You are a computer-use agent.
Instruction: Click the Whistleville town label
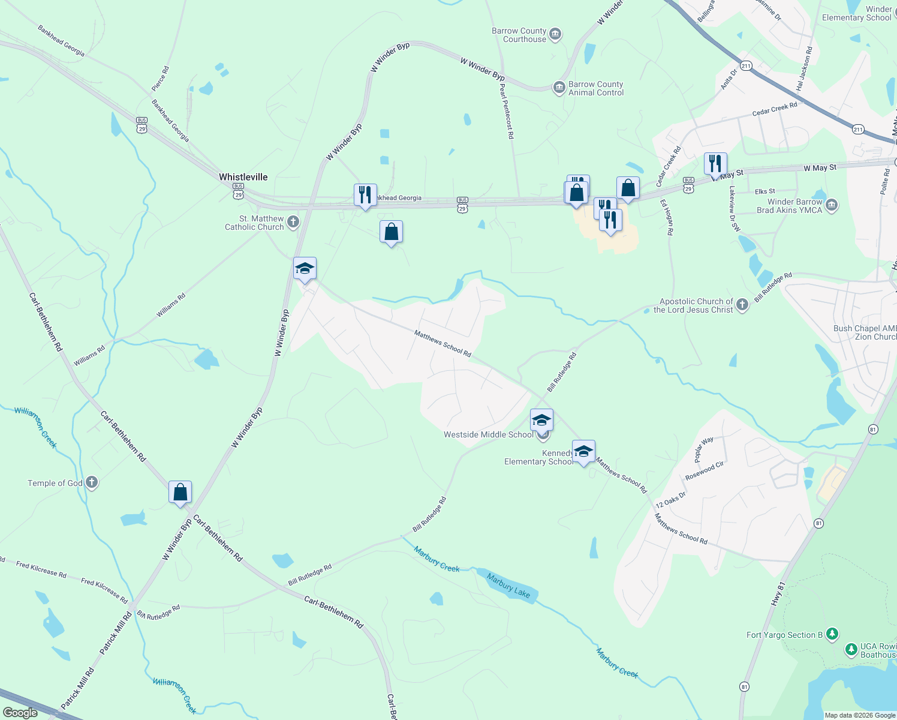coord(243,177)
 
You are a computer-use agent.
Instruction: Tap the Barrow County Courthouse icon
coord(555,34)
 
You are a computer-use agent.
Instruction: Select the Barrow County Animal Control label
coord(595,88)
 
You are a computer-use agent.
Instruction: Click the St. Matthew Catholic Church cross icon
coord(293,222)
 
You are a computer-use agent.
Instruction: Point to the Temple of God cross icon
coord(92,482)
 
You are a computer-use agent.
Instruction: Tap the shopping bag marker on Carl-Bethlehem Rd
coord(180,493)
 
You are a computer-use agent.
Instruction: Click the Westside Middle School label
coord(487,434)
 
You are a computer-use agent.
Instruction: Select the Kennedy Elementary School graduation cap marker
coord(583,452)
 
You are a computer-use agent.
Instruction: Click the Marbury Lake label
coord(508,586)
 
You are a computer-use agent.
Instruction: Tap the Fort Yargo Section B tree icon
coord(832,634)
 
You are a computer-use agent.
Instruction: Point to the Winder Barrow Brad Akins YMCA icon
coord(832,206)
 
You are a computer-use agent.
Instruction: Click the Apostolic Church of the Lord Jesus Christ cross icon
coord(742,305)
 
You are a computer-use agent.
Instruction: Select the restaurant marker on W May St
coord(715,164)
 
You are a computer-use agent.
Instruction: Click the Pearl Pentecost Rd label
coord(507,112)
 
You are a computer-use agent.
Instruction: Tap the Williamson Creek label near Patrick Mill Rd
coord(174,695)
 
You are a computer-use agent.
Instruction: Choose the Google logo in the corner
coord(20,713)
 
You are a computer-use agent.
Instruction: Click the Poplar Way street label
coord(704,449)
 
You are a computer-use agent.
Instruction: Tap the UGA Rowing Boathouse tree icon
coord(851,649)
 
